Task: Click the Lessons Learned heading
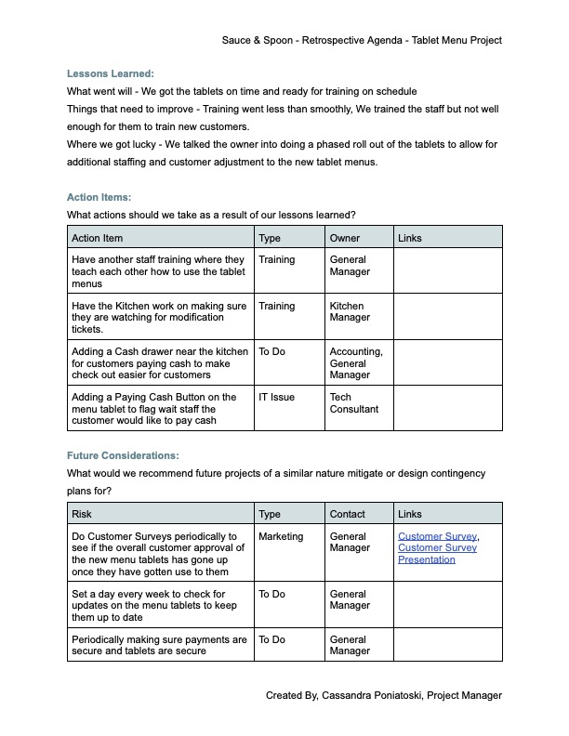point(111,73)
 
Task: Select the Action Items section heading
point(99,197)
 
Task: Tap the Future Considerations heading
point(123,455)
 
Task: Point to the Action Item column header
point(97,239)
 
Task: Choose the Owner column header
point(345,239)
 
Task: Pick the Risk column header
point(82,514)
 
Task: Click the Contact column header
point(348,514)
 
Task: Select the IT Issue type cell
point(276,397)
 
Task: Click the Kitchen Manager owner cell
point(350,312)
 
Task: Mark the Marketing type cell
point(281,536)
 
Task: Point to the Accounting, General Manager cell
point(356,362)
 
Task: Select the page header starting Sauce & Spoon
point(362,41)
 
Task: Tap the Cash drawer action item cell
point(159,362)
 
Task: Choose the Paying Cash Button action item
point(154,409)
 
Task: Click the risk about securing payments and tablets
point(159,645)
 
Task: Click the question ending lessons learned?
point(211,216)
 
